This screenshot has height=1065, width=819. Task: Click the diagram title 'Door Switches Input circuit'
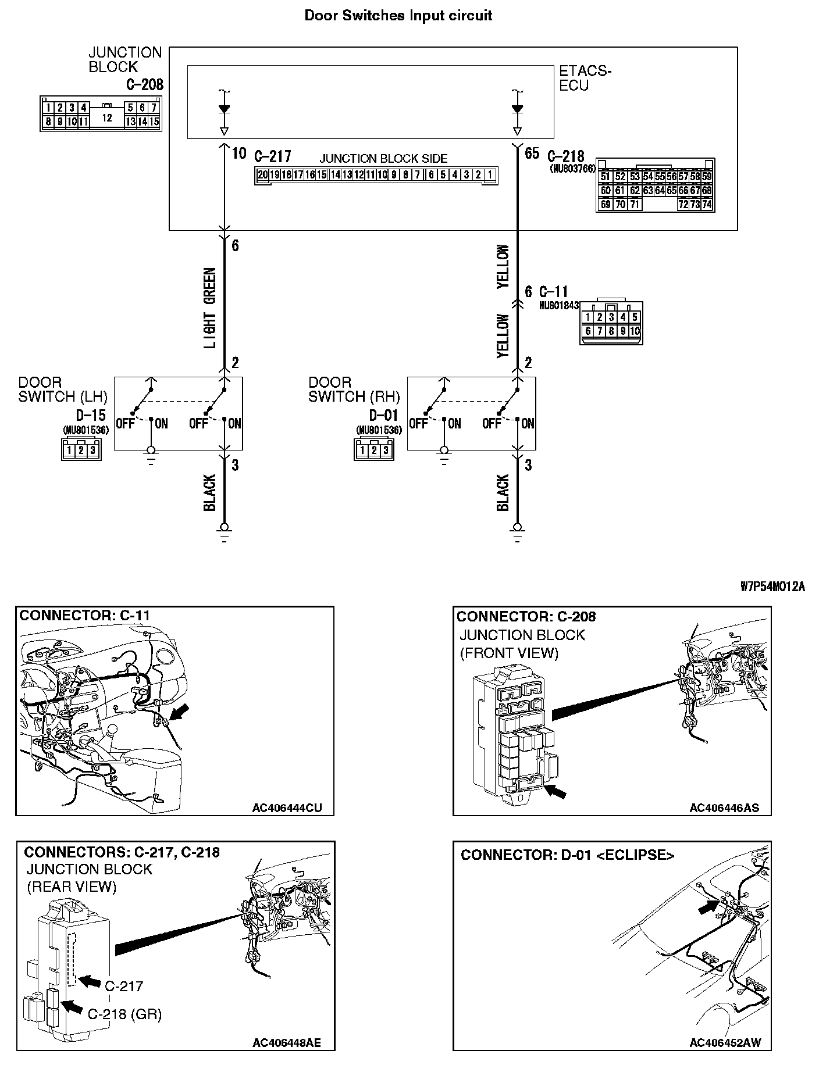(x=398, y=16)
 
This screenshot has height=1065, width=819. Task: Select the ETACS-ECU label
(x=585, y=78)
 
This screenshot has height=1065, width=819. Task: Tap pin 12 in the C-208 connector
(x=106, y=118)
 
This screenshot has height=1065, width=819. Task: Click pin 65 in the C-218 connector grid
(x=671, y=191)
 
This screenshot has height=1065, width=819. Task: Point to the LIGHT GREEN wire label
(x=210, y=308)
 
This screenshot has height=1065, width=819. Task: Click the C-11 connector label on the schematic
(x=554, y=292)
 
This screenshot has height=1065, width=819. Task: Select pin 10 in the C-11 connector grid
(x=634, y=331)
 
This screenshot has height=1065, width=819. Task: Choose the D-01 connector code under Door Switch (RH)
(x=384, y=415)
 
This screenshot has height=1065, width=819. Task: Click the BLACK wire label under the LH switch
(x=210, y=493)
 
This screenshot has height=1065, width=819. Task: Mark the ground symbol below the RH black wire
(x=517, y=530)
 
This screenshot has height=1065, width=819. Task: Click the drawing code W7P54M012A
(x=772, y=587)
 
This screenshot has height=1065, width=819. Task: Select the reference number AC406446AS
(x=724, y=808)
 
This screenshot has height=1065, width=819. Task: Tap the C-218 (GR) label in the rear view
(x=124, y=1014)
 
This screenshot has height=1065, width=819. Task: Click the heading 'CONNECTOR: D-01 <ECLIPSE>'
(x=567, y=855)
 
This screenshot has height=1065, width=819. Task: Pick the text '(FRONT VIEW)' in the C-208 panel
(x=509, y=653)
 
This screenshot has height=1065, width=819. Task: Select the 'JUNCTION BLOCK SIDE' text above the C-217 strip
(x=384, y=159)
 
